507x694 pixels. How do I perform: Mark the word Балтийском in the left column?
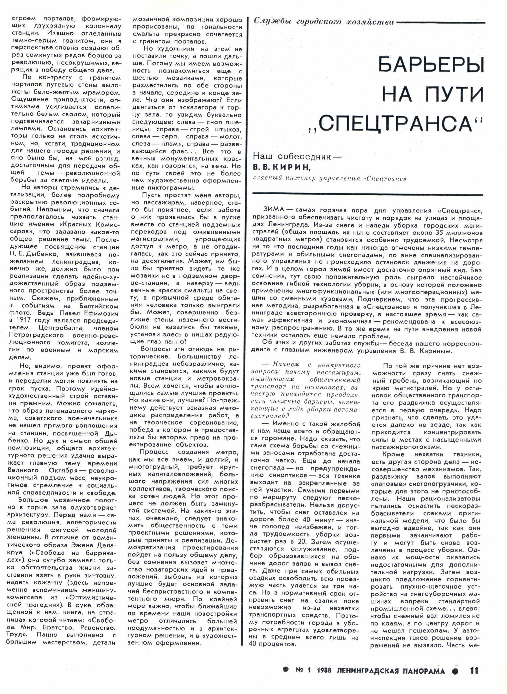pos(99,306)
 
